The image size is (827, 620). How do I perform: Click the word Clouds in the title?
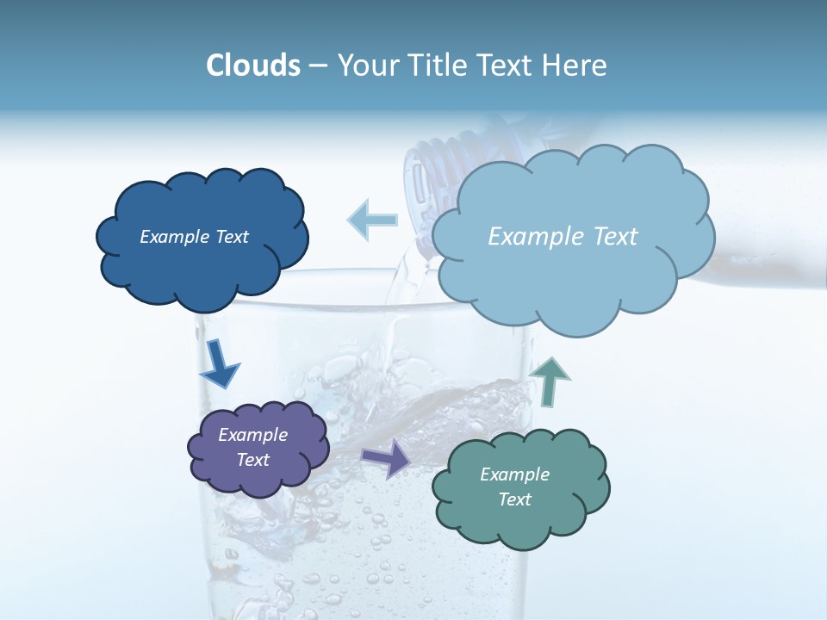[x=252, y=65]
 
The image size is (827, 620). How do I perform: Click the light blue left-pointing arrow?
[x=372, y=220]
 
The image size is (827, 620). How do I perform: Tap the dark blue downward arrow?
[x=219, y=363]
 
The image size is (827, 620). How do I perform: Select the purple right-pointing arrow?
[x=386, y=458]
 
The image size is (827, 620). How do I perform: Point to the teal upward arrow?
[x=550, y=381]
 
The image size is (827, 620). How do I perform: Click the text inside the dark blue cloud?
[x=194, y=237]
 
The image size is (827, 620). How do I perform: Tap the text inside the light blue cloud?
[x=563, y=237]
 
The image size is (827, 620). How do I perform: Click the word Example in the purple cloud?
[x=252, y=435]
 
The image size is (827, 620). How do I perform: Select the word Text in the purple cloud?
[x=252, y=460]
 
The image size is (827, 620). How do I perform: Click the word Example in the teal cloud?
[x=514, y=474]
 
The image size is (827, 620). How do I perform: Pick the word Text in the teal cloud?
[x=514, y=499]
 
